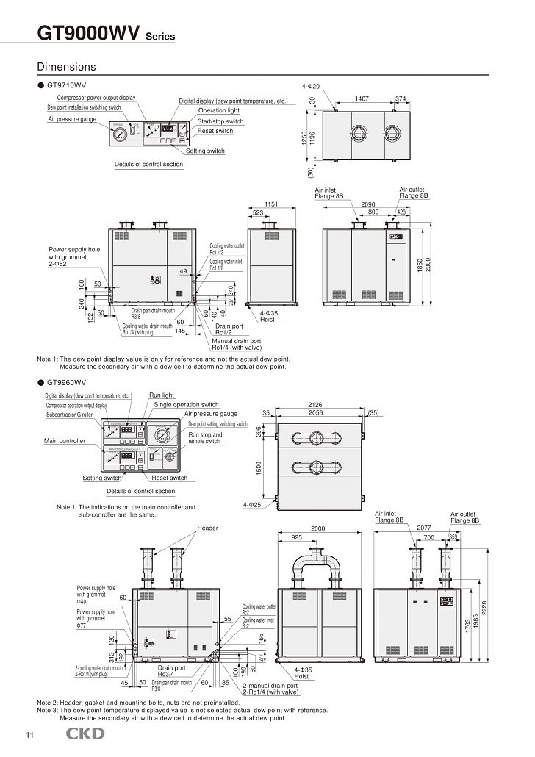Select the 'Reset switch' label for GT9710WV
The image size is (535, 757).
pyautogui.click(x=215, y=131)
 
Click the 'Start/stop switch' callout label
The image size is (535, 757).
pyautogui.click(x=220, y=121)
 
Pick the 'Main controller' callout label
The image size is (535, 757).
pyautogui.click(x=65, y=441)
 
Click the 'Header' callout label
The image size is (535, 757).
pyautogui.click(x=208, y=528)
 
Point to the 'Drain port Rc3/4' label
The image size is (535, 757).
pyautogui.click(x=175, y=672)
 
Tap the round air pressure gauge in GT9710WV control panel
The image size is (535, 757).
pyautogui.click(x=119, y=134)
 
